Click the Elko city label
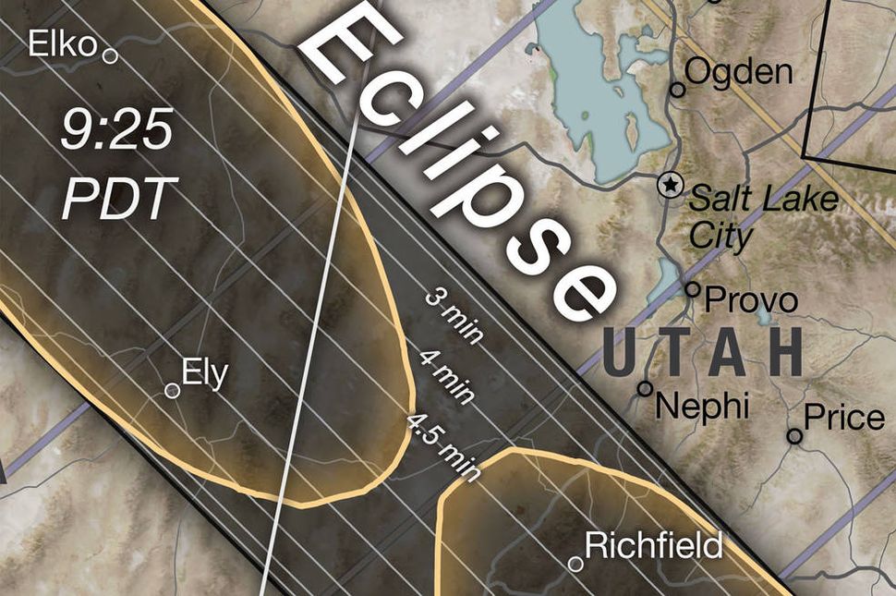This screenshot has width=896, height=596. pyautogui.click(x=63, y=43)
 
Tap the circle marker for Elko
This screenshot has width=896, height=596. pyautogui.click(x=110, y=56)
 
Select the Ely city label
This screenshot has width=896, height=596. pyautogui.click(x=204, y=374)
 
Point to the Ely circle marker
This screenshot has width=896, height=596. pyautogui.click(x=172, y=391)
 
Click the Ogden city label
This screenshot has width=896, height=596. pyautogui.click(x=739, y=71)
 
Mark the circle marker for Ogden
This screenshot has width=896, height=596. pyautogui.click(x=678, y=90)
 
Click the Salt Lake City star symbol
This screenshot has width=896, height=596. pyautogui.click(x=669, y=185)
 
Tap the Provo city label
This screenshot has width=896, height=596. pyautogui.click(x=751, y=300)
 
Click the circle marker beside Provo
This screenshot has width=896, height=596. pyautogui.click(x=693, y=289)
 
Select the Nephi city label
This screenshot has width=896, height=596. pyautogui.click(x=702, y=406)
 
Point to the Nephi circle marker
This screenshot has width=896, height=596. pyautogui.click(x=645, y=389)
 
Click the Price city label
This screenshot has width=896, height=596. pyautogui.click(x=844, y=418)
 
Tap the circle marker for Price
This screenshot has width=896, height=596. pyautogui.click(x=794, y=436)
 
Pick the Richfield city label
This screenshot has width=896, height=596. pyautogui.click(x=654, y=545)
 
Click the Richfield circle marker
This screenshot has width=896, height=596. pyautogui.click(x=575, y=564)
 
